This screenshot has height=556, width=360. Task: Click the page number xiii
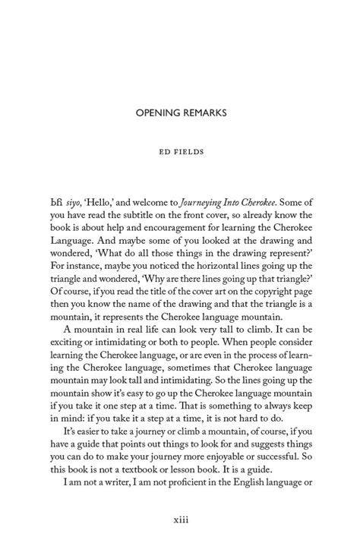coord(181,518)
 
